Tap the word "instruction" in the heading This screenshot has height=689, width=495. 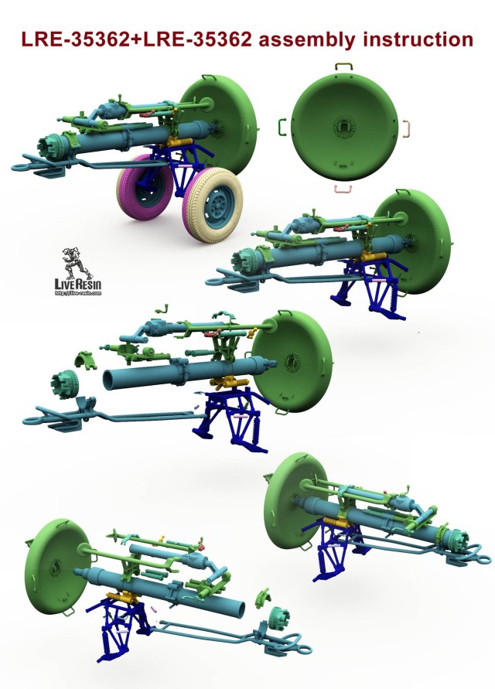coord(417,39)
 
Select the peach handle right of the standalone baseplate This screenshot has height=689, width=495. coord(405,126)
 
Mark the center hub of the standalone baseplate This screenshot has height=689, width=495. coord(342,126)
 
